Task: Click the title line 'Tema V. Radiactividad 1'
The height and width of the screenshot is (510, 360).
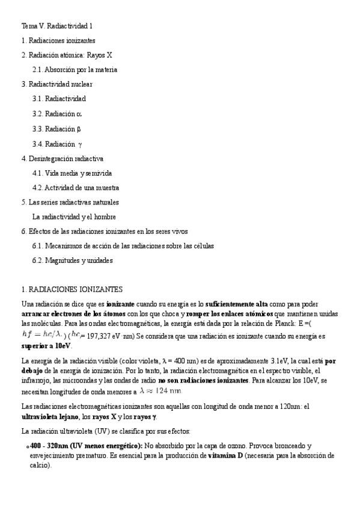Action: point(57,26)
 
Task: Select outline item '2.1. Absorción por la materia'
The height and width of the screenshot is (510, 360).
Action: point(75,70)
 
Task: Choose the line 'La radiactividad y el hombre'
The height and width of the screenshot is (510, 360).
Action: point(74,217)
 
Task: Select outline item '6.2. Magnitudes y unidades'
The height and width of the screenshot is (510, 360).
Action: point(73,260)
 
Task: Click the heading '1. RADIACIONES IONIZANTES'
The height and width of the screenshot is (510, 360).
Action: point(72,289)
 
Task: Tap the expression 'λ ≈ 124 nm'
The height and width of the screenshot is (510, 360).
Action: point(160,391)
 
